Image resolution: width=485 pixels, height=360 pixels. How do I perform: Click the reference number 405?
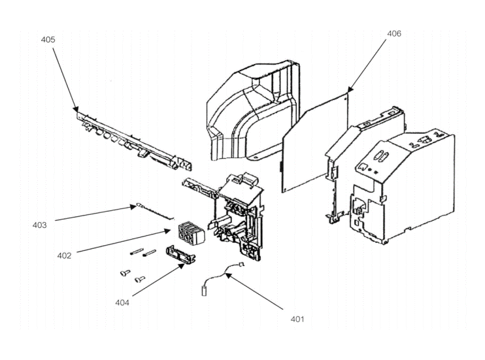[x=48, y=40]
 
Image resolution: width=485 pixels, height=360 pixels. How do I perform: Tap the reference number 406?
[x=394, y=33]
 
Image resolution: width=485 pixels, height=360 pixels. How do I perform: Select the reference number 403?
[x=40, y=225]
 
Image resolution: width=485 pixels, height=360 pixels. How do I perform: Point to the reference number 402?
[x=64, y=255]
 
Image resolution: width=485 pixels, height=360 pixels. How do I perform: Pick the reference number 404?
[x=122, y=303]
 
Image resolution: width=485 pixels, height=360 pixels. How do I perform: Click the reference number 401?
[x=297, y=319]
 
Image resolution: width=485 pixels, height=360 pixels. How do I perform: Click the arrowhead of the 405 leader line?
[x=76, y=109]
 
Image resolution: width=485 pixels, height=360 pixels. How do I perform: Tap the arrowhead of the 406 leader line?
[x=349, y=90]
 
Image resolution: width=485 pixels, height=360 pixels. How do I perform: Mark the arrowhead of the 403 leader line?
[x=133, y=207]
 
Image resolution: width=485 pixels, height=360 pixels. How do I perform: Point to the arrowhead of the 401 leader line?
[x=227, y=275]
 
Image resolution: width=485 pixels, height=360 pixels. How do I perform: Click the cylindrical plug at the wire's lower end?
[x=204, y=291]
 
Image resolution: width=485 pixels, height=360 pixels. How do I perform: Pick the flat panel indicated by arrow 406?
[x=316, y=142]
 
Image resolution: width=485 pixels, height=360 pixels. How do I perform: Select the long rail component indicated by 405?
[x=134, y=141]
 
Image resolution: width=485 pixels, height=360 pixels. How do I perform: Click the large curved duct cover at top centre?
[x=253, y=110]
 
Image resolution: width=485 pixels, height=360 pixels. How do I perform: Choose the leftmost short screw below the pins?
[x=125, y=273]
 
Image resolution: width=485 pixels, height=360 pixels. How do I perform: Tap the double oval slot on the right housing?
[x=381, y=155]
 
